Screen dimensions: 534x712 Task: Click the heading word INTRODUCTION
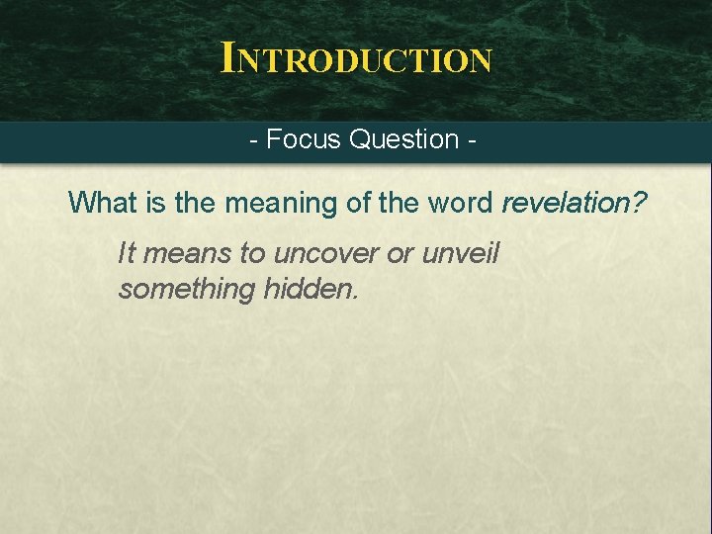[356, 58]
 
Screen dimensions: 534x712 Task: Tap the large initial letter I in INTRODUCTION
[229, 57]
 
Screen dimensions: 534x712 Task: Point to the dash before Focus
[254, 140]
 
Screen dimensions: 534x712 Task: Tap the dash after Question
[471, 140]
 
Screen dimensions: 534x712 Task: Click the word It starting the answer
[126, 253]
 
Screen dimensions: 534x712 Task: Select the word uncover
[325, 254]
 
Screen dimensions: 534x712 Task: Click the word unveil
[461, 253]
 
